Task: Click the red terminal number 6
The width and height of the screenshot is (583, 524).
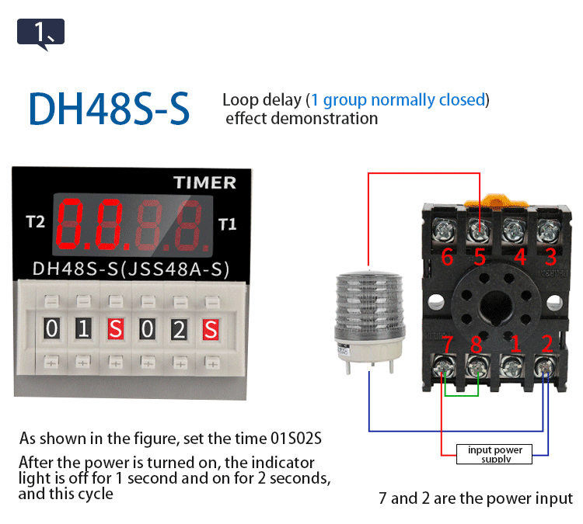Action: click(x=447, y=257)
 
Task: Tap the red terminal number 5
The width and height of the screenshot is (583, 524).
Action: click(x=480, y=257)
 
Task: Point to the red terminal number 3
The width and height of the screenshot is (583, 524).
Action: click(x=550, y=257)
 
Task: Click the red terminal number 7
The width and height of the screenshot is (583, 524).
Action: click(x=447, y=343)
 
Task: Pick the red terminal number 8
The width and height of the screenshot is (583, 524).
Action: click(x=475, y=343)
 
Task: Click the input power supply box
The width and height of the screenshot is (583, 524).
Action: click(x=495, y=454)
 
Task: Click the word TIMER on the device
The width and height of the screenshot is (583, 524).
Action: click(x=204, y=182)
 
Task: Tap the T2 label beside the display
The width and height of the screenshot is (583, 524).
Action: click(x=36, y=223)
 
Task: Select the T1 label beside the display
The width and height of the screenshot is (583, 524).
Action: click(x=227, y=225)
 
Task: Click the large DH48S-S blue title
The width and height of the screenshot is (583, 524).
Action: click(x=109, y=109)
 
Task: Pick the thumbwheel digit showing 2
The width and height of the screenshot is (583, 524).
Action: click(x=179, y=329)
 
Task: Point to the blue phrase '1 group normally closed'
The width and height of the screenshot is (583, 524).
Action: click(x=397, y=100)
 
